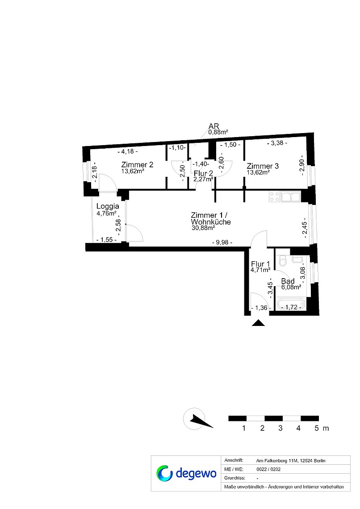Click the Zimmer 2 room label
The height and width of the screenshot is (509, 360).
tap(137, 165)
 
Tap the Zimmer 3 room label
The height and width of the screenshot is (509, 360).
tap(263, 166)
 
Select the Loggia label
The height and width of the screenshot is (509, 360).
tap(108, 206)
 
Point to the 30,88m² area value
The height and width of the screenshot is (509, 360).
tap(204, 228)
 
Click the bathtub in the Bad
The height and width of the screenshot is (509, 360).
tap(291, 305)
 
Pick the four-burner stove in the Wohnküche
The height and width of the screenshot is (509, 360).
tap(275, 197)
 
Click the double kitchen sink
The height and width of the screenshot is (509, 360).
tap(290, 197)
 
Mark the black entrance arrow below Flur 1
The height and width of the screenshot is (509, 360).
tap(258, 323)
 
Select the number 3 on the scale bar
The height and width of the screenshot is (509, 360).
tap(280, 428)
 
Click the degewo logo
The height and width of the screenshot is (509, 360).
tap(186, 473)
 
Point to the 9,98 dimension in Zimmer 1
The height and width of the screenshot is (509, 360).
tap(222, 242)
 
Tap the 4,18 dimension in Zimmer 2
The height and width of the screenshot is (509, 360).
tap(128, 151)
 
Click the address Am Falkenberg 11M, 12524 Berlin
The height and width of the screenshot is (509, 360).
tap(290, 461)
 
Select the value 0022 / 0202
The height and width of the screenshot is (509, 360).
tap(268, 469)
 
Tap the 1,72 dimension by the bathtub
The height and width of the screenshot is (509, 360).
tap(291, 307)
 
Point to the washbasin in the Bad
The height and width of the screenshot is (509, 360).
tap(297, 259)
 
